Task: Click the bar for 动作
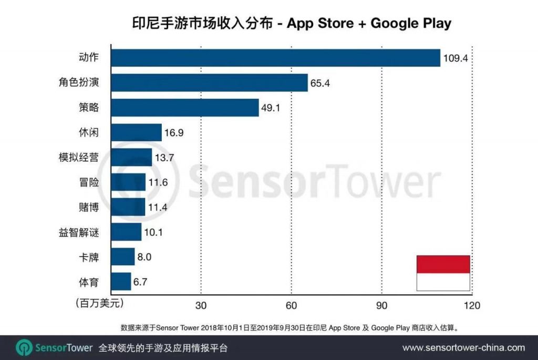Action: pos(275,58)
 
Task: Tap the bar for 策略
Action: pos(185,108)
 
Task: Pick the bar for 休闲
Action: pos(136,132)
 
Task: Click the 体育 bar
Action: pos(121,282)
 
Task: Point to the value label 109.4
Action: pos(456,58)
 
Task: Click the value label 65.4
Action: pos(320,83)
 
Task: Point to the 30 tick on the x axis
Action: pos(200,305)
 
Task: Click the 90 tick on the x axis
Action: pos(382,305)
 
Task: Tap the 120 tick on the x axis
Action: pos(472,305)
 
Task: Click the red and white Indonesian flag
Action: pos(443,273)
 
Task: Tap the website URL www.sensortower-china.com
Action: pos(463,347)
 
